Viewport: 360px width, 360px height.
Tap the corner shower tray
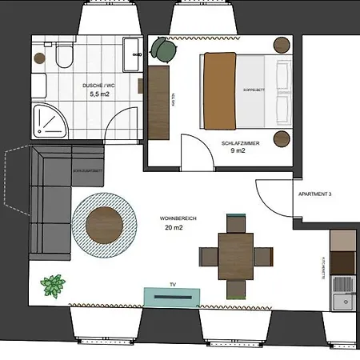pos(48,121)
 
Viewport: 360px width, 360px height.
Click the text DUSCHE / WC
pos(99,85)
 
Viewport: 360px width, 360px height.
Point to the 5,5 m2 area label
pos(100,94)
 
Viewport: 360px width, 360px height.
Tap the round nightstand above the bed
pos(282,45)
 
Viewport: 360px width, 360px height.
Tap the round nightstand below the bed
pos(282,138)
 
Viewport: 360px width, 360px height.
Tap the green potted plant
pos(54,285)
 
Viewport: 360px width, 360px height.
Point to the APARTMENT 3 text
pos(314,194)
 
